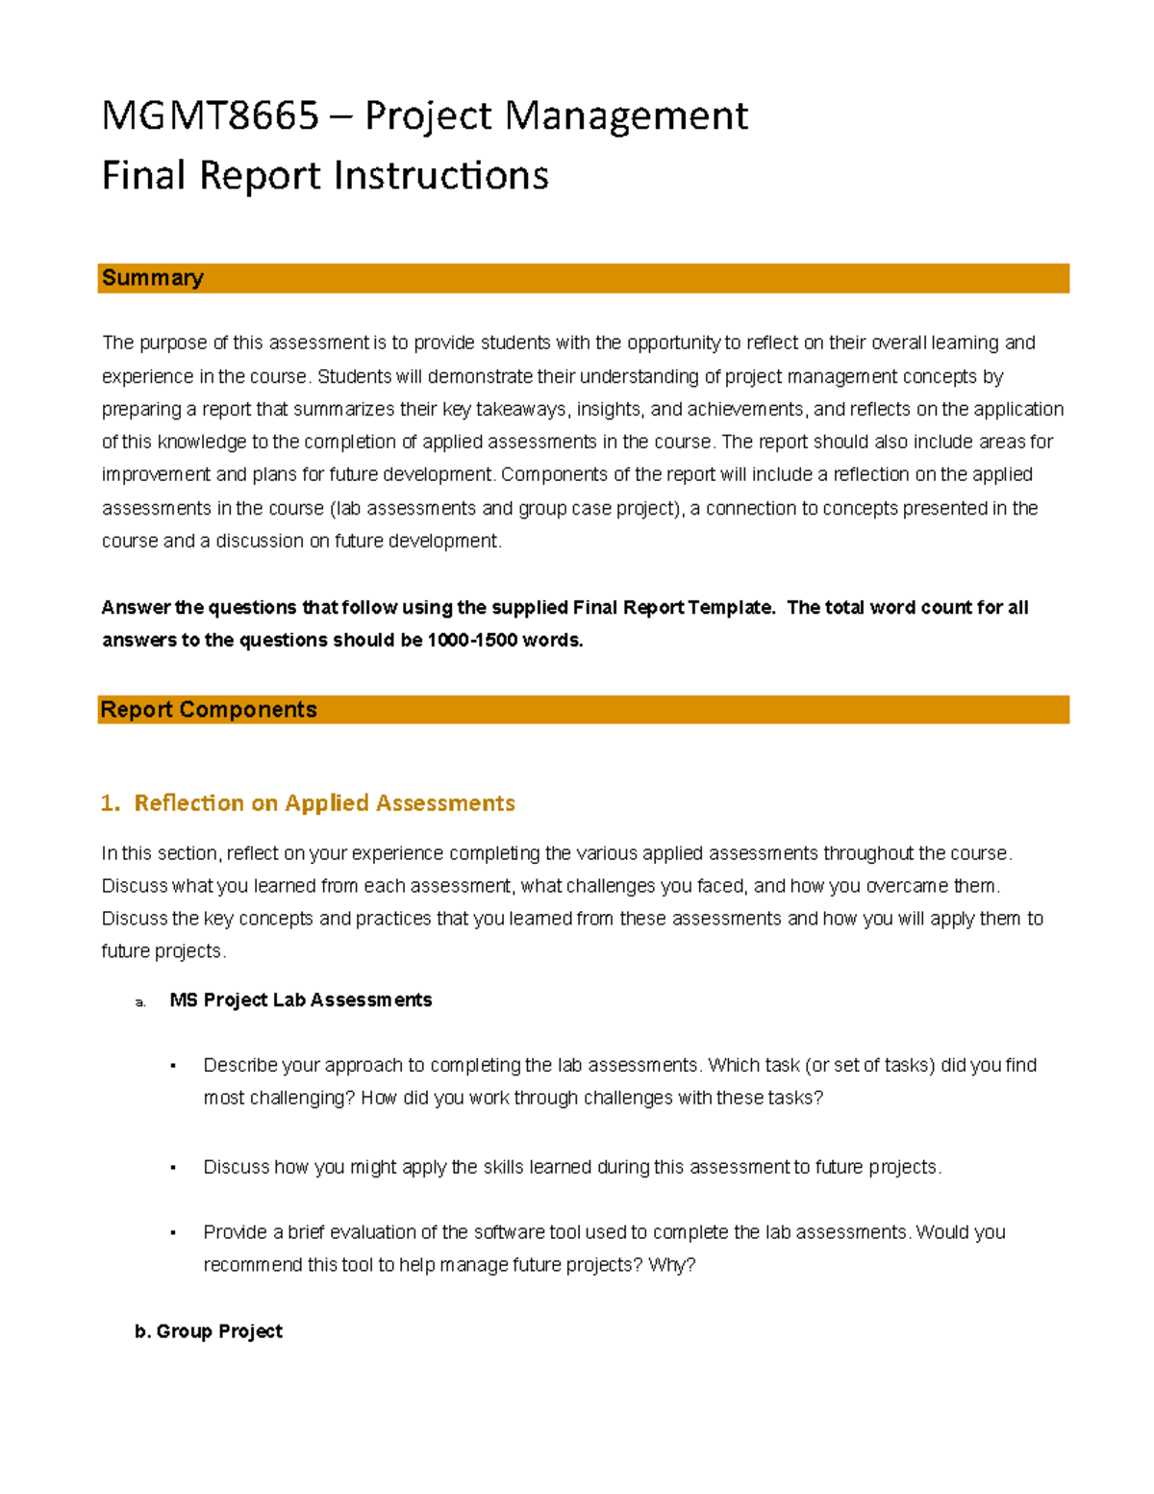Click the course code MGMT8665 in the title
tap(210, 116)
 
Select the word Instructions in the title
tap(441, 176)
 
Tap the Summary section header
tap(152, 278)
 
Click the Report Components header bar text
tap(208, 710)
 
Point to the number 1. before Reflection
tap(110, 803)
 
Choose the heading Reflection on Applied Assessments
tap(324, 803)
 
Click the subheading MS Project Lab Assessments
tap(300, 1000)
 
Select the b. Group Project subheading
tap(209, 1331)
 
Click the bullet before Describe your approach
tap(173, 1066)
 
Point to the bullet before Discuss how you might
tap(173, 1168)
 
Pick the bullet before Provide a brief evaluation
tap(173, 1233)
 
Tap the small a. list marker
tap(140, 1002)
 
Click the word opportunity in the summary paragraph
tap(673, 343)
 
